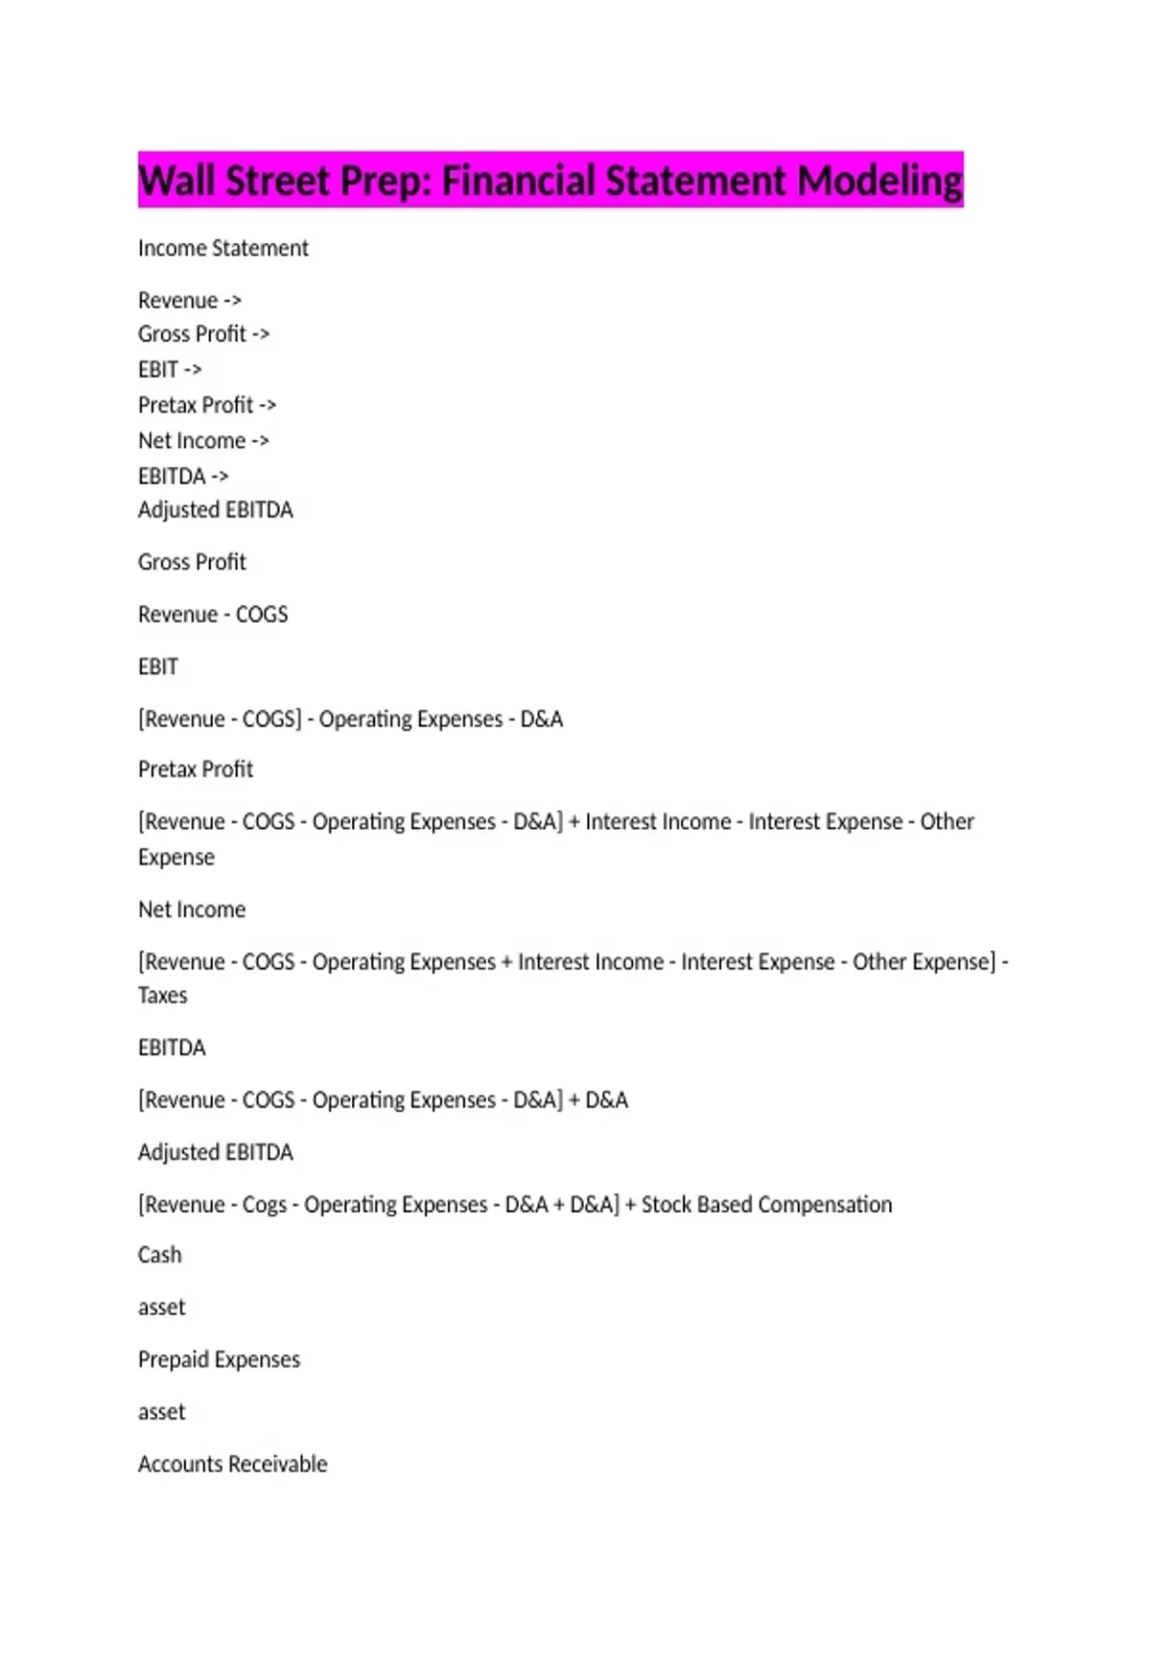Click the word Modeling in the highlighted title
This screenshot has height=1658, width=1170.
pyautogui.click(x=879, y=181)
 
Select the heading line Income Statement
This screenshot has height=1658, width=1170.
pyautogui.click(x=222, y=249)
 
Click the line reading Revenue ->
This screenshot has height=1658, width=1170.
pyautogui.click(x=189, y=300)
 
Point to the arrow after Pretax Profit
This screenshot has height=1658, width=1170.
pyautogui.click(x=268, y=405)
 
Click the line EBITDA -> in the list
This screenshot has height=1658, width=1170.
pyautogui.click(x=183, y=476)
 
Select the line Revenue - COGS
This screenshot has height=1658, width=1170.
pyautogui.click(x=213, y=614)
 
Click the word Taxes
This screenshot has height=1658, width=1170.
pyautogui.click(x=162, y=996)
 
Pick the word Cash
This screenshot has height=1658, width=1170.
pyautogui.click(x=159, y=1255)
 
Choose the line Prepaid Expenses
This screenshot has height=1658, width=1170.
pyautogui.click(x=218, y=1360)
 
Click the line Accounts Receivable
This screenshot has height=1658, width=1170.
pyautogui.click(x=232, y=1464)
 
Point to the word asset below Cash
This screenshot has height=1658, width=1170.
pyautogui.click(x=161, y=1308)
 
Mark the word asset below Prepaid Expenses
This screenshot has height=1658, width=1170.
pyautogui.click(x=161, y=1412)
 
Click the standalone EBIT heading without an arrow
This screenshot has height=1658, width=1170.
pyautogui.click(x=158, y=667)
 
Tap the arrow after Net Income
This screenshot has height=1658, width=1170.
pyautogui.click(x=260, y=441)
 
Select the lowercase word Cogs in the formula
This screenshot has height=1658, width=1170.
pyautogui.click(x=264, y=1205)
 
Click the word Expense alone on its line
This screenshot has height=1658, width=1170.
pyautogui.click(x=175, y=857)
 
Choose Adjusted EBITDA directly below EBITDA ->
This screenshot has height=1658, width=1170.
pyautogui.click(x=214, y=510)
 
